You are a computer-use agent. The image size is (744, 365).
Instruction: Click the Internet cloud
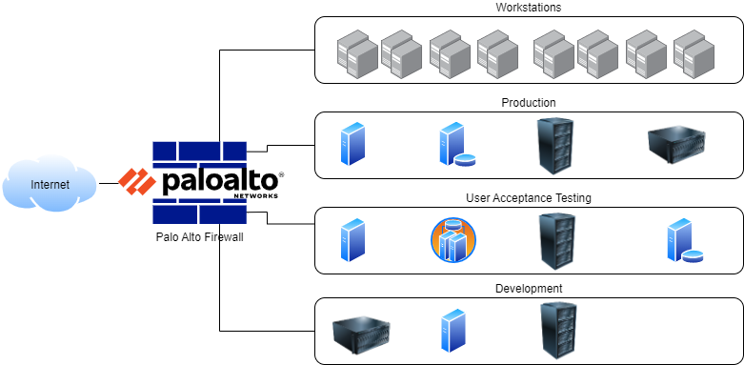50,184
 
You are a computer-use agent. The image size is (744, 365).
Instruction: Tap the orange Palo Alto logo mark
137,181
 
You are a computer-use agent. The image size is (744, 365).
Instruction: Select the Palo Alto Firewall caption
199,237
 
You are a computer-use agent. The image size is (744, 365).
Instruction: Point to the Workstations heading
529,9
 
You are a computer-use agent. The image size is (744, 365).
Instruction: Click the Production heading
529,103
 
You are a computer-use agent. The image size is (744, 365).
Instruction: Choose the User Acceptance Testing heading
529,198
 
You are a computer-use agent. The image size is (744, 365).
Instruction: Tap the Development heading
529,289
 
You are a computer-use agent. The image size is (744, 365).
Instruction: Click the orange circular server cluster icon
452,240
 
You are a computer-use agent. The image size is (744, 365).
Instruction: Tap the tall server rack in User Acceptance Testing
557,239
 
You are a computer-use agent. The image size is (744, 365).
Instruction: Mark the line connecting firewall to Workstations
220,95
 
